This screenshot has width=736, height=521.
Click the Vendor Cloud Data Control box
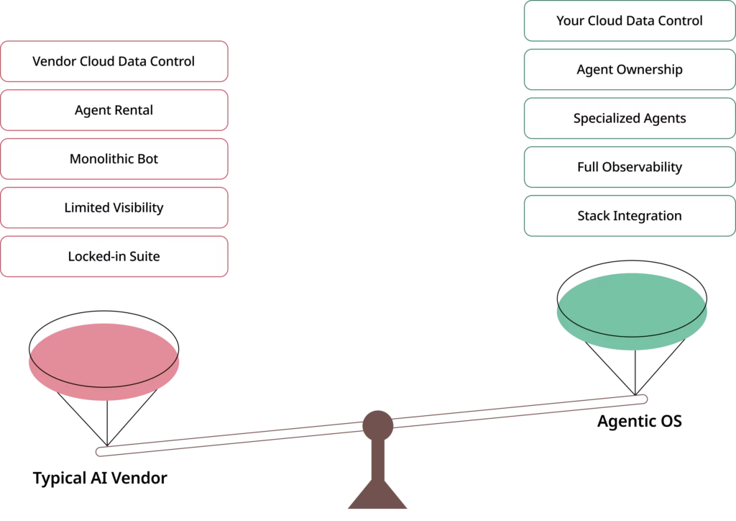(x=114, y=61)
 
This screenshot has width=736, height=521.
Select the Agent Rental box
(x=114, y=110)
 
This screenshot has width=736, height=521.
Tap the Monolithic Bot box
(x=114, y=159)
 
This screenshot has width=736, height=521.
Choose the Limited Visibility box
(x=114, y=208)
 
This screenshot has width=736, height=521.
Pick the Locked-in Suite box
(x=114, y=257)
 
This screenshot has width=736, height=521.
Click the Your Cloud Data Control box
(x=630, y=21)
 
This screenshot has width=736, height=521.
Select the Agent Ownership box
(x=630, y=70)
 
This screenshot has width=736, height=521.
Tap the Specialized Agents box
(x=630, y=119)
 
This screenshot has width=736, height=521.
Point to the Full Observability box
(x=630, y=167)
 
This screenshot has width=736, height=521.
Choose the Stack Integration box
(x=630, y=216)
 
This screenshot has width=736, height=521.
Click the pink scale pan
(x=105, y=360)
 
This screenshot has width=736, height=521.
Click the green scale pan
(x=632, y=310)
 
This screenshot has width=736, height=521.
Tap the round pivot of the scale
(x=377, y=424)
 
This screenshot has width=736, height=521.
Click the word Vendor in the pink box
(x=53, y=61)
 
